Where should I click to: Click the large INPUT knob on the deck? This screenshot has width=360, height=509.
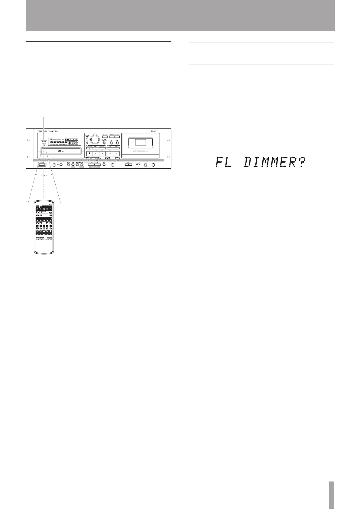coord(95,139)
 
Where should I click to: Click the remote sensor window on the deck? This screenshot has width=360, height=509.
coord(44,143)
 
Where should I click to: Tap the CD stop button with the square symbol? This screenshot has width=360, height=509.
coord(89,154)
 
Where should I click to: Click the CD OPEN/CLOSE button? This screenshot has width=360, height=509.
coord(89,148)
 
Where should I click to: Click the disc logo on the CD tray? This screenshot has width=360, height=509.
coord(59,152)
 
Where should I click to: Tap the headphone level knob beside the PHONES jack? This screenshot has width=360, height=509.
coord(153,165)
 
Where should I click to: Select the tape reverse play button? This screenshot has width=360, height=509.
coord(110,154)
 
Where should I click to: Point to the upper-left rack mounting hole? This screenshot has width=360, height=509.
coord(29,140)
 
